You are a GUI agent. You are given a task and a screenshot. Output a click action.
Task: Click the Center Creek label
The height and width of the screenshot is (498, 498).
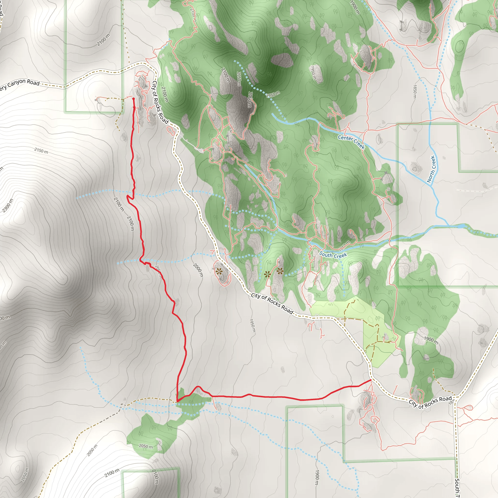click(x=351, y=142)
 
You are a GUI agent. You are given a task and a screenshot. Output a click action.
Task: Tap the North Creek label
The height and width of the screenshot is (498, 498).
click(x=431, y=169)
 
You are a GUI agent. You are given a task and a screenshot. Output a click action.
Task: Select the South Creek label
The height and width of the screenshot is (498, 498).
click(x=333, y=255)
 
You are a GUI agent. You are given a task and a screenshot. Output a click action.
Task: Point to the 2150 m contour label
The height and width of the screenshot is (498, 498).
click(x=41, y=151)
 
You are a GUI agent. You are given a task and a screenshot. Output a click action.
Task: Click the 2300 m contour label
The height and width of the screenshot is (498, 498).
click(x=8, y=206)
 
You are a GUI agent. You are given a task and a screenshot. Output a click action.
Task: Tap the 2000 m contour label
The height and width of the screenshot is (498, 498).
click(x=198, y=270)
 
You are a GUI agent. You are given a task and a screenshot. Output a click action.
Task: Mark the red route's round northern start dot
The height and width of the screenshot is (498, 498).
click(x=133, y=99)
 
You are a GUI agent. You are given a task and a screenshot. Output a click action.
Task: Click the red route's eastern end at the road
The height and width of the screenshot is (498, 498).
click(x=371, y=380)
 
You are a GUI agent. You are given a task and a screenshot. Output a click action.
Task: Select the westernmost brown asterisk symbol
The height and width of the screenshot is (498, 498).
click(x=219, y=271)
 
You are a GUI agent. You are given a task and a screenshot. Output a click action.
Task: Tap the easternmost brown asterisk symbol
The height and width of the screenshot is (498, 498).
click(x=280, y=271)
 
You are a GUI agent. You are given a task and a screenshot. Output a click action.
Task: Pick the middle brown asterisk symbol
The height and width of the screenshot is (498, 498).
click(x=267, y=274)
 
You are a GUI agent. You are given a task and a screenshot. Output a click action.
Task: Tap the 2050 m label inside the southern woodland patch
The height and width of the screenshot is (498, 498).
click(x=146, y=446)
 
